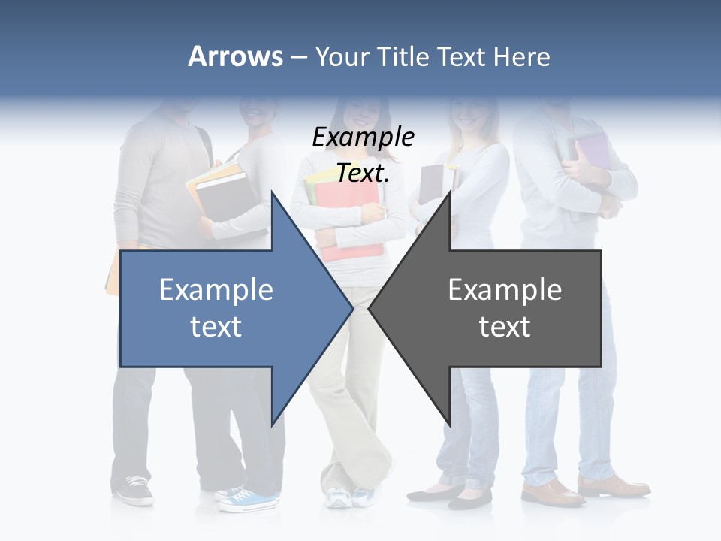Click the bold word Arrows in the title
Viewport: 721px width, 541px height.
pyautogui.click(x=235, y=56)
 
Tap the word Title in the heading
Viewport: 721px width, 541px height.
pyautogui.click(x=409, y=56)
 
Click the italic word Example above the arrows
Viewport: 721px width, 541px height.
pyautogui.click(x=363, y=138)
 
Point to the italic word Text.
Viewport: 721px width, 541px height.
pyautogui.click(x=363, y=174)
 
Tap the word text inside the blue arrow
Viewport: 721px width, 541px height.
pyautogui.click(x=216, y=327)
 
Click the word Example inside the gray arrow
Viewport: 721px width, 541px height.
pyautogui.click(x=505, y=290)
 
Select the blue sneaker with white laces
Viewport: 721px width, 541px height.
pyautogui.click(x=251, y=498)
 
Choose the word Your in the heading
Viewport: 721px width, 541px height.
pyautogui.click(x=342, y=56)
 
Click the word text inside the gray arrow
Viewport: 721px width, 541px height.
pyautogui.click(x=505, y=327)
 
